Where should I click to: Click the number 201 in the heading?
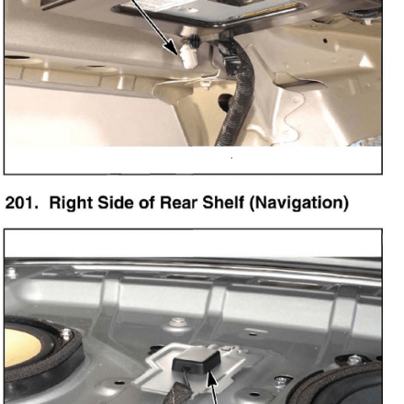click(22, 203)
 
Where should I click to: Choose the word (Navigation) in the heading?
click(298, 203)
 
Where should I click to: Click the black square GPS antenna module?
click(196, 362)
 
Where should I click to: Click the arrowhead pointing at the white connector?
click(172, 48)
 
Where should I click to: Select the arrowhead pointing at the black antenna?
click(212, 380)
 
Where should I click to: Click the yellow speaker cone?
click(22, 348)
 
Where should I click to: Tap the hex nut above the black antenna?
click(177, 322)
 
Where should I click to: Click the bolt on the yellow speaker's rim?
click(66, 334)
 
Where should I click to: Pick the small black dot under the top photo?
click(231, 158)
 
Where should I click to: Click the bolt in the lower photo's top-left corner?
click(10, 272)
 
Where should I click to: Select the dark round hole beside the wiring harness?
click(226, 100)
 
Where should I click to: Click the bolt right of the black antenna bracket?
click(280, 381)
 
